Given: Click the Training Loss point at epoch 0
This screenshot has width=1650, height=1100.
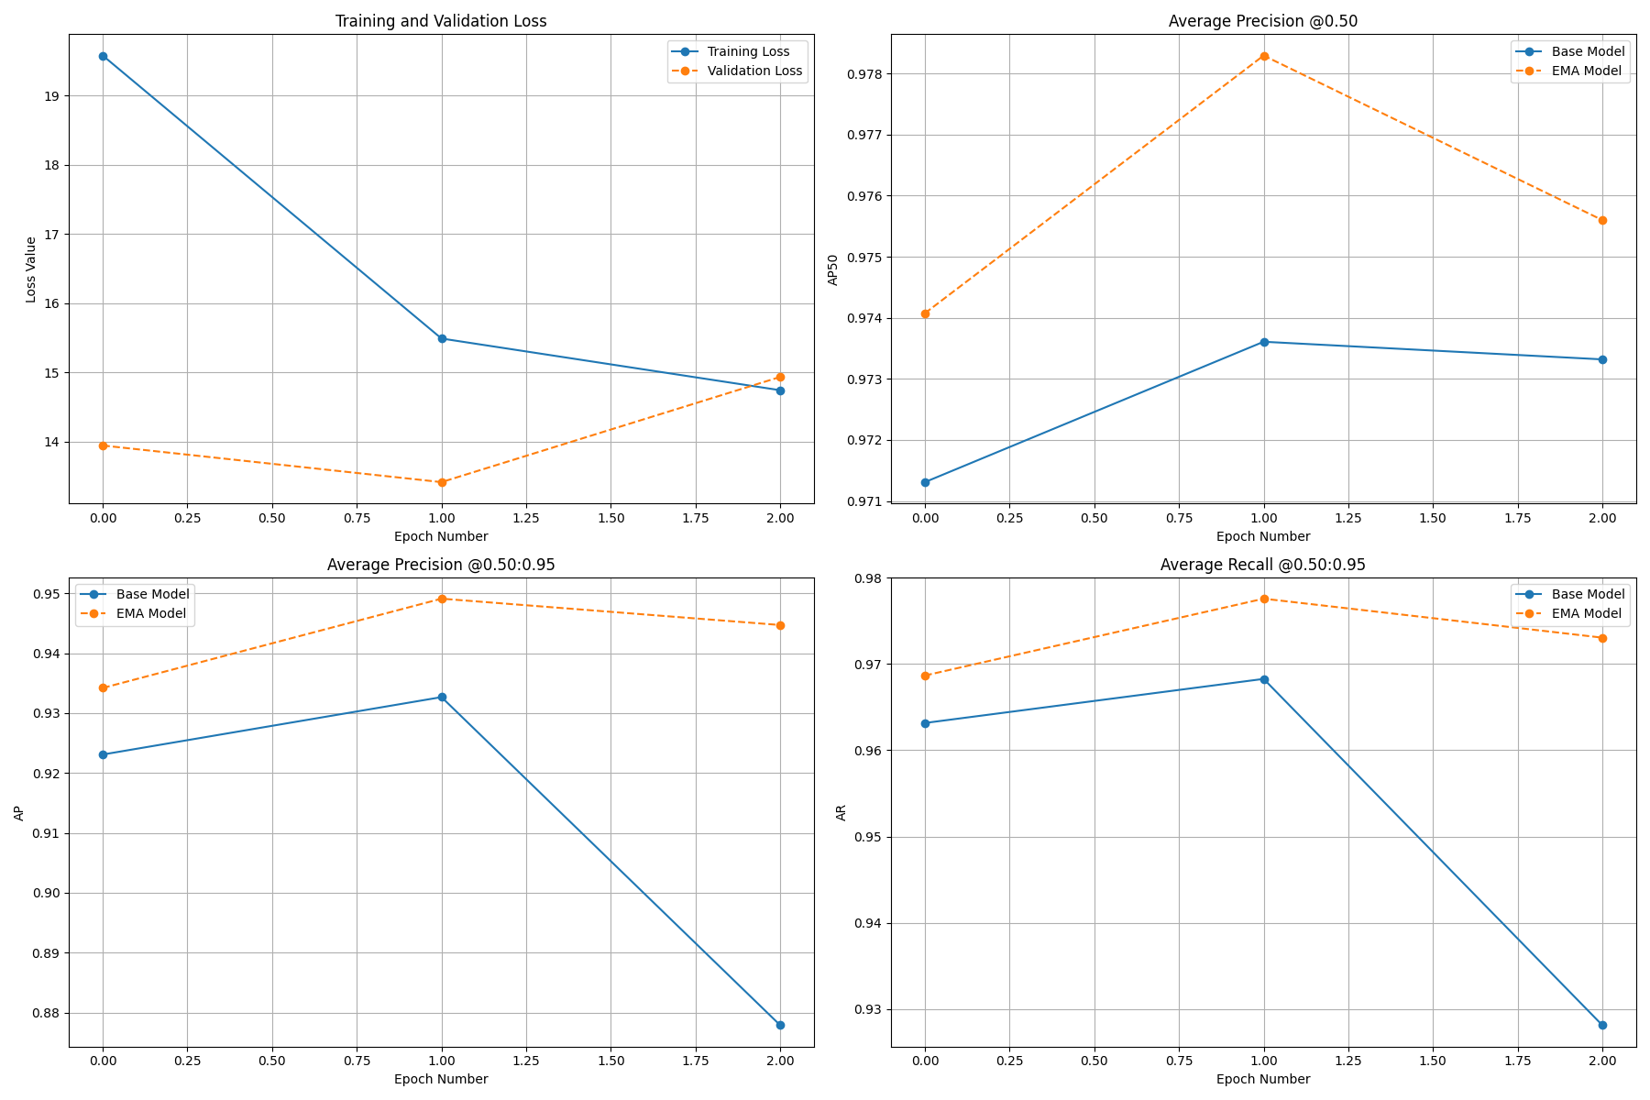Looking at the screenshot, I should click(x=103, y=56).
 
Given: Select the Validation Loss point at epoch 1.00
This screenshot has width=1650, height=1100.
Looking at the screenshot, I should click(x=442, y=482).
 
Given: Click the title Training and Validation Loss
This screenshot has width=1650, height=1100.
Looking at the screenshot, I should click(x=441, y=21).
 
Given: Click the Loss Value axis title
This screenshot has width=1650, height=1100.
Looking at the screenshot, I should click(x=31, y=269).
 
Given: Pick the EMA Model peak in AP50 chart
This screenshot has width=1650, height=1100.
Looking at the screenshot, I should click(x=1264, y=56).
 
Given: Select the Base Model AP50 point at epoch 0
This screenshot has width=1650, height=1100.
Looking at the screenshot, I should click(x=925, y=482).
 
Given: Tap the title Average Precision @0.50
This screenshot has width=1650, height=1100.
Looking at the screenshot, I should click(x=1262, y=21).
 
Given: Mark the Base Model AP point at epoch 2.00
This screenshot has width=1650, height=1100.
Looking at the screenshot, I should click(x=780, y=1025).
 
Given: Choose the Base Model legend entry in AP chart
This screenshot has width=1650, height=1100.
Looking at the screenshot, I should click(x=152, y=594).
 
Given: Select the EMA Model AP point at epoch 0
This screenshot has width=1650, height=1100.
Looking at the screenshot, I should click(x=103, y=687).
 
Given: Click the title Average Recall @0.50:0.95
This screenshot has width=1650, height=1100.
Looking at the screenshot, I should click(x=1262, y=565).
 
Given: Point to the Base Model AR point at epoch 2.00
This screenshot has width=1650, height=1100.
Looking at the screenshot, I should click(x=1602, y=1025).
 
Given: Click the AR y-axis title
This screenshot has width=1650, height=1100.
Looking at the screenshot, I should click(x=841, y=812).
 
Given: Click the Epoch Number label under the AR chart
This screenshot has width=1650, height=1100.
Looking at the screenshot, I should click(x=1262, y=1079).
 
